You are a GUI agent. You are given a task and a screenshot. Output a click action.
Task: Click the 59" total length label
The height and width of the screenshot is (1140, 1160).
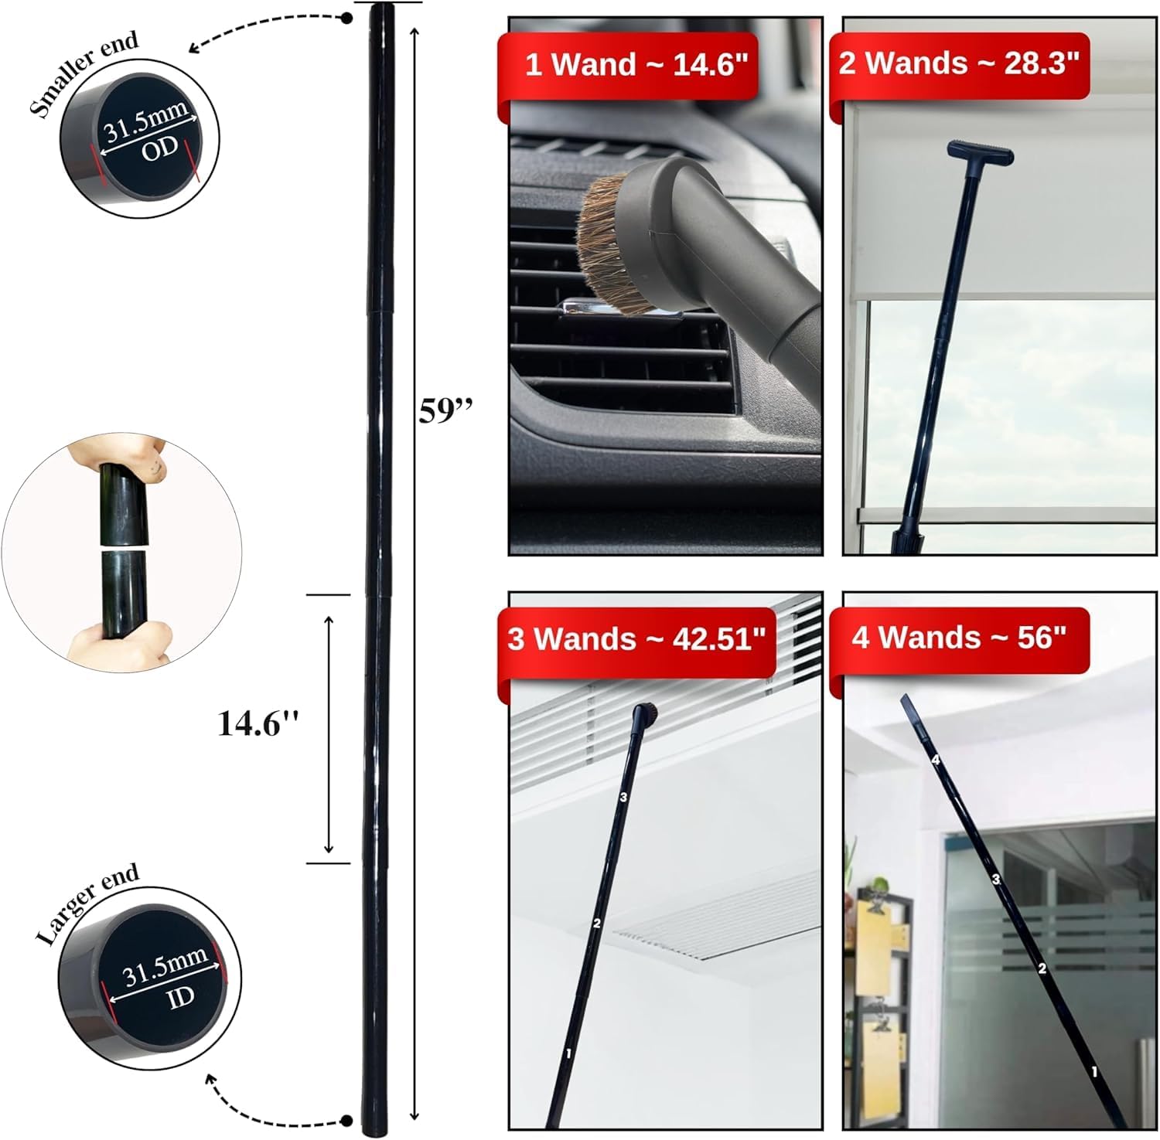click(445, 410)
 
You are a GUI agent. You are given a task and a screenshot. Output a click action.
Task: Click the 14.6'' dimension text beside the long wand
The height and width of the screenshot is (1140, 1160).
click(258, 723)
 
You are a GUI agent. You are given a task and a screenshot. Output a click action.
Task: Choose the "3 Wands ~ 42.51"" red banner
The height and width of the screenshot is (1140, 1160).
click(636, 639)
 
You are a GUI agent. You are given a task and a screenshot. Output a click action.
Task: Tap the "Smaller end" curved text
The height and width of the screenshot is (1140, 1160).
click(83, 74)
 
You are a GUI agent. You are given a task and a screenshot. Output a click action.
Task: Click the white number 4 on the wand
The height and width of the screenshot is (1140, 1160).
click(936, 760)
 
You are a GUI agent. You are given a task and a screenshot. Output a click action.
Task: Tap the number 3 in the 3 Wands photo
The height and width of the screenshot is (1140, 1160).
click(623, 797)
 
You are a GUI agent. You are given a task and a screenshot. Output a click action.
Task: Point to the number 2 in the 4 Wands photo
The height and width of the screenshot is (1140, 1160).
click(1042, 968)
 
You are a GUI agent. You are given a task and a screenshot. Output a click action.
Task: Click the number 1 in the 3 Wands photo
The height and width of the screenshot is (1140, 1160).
click(568, 1053)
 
